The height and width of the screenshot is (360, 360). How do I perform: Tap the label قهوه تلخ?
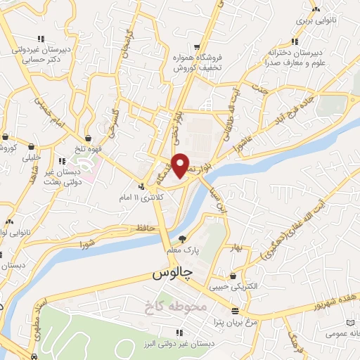click(89, 149)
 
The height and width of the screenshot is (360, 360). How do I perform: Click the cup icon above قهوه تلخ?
click(89, 139)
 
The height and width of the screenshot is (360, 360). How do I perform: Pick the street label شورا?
click(86, 245)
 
